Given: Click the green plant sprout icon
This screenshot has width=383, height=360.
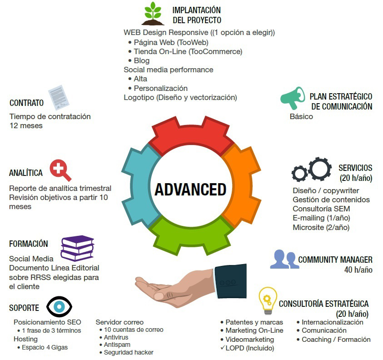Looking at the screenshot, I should click(x=153, y=14).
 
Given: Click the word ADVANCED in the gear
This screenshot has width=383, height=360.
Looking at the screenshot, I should click(x=190, y=189).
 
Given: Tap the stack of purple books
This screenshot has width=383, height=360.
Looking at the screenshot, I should click(x=77, y=248).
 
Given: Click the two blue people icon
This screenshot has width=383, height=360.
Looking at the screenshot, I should click(x=284, y=260).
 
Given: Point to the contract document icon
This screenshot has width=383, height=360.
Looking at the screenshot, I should click(x=58, y=97).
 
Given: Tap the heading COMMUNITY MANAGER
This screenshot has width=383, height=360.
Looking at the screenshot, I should click(x=335, y=260).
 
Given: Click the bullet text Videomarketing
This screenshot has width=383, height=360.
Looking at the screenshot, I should click(x=249, y=339).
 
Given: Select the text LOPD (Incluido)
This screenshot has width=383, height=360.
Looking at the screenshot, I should click(x=249, y=348).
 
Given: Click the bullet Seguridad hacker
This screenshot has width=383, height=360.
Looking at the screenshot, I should click(x=129, y=352).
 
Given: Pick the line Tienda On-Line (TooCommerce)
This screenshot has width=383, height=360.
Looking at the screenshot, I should click(x=188, y=51).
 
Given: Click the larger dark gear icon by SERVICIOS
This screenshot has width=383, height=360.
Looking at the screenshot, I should click(x=320, y=169).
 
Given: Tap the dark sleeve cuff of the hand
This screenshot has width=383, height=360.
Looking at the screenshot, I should click(x=230, y=281).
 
